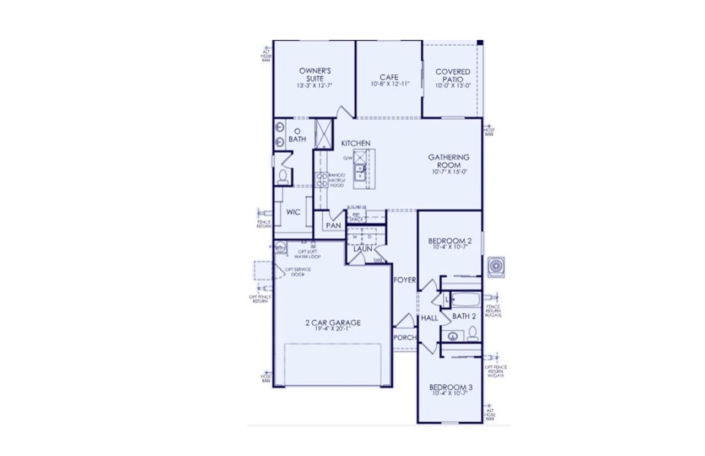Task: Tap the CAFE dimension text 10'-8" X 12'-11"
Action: click(x=390, y=84)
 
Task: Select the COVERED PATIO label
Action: click(x=452, y=75)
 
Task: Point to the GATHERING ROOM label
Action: click(x=449, y=160)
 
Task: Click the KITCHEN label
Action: click(x=355, y=143)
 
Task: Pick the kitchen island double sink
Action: click(x=360, y=172)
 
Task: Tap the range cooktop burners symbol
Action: click(x=321, y=180)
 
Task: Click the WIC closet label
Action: click(x=293, y=212)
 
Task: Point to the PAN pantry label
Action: click(x=333, y=226)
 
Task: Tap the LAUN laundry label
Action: click(x=362, y=249)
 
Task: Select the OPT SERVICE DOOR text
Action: click(x=297, y=272)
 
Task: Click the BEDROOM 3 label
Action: click(x=451, y=388)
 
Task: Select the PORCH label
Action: click(x=405, y=337)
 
